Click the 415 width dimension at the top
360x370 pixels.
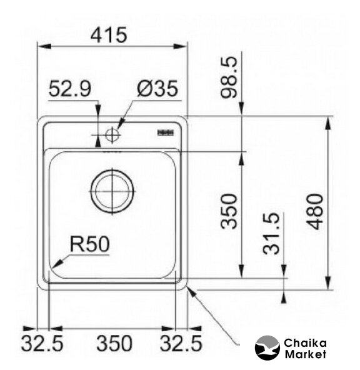pos(109,35)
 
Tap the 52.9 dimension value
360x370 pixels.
pos(69,89)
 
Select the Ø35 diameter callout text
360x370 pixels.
pos(157,89)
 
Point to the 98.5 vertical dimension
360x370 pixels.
pos(228,77)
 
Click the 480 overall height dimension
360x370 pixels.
pos(314,212)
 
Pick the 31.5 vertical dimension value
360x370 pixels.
pos(271,233)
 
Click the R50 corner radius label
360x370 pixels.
pos(90,244)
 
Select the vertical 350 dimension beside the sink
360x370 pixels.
pos(228,211)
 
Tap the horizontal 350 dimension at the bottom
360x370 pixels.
pos(114,343)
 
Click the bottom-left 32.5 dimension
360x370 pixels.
pos(42,343)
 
